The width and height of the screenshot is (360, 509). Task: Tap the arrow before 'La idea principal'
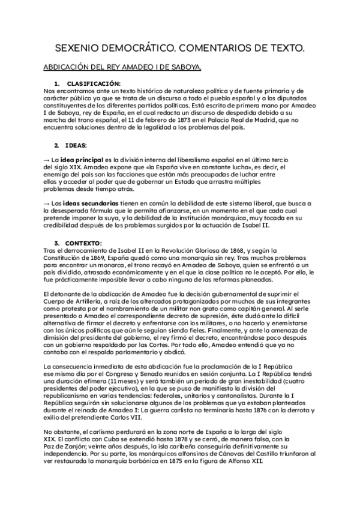(47, 158)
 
